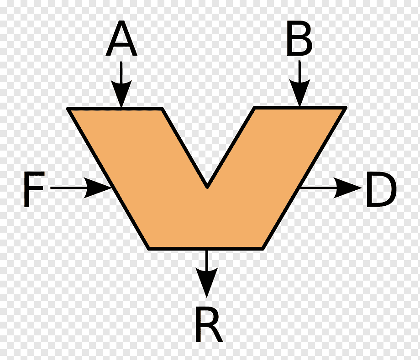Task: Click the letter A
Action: pos(121,38)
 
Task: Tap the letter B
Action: pos(299,39)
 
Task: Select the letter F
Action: pos(34,189)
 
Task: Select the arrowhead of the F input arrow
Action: pos(98,188)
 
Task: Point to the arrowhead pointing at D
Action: pos(348,188)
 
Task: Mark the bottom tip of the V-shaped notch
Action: pos(207,187)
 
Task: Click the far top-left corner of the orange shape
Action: pos(68,109)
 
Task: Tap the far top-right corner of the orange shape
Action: pos(346,108)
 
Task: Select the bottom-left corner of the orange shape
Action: pos(148,249)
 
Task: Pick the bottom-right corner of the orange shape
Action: pos(263,249)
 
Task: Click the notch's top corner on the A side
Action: pos(162,109)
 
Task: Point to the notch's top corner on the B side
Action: pos(254,108)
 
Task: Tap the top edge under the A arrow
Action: pos(115,109)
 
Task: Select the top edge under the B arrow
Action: pos(300,108)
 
